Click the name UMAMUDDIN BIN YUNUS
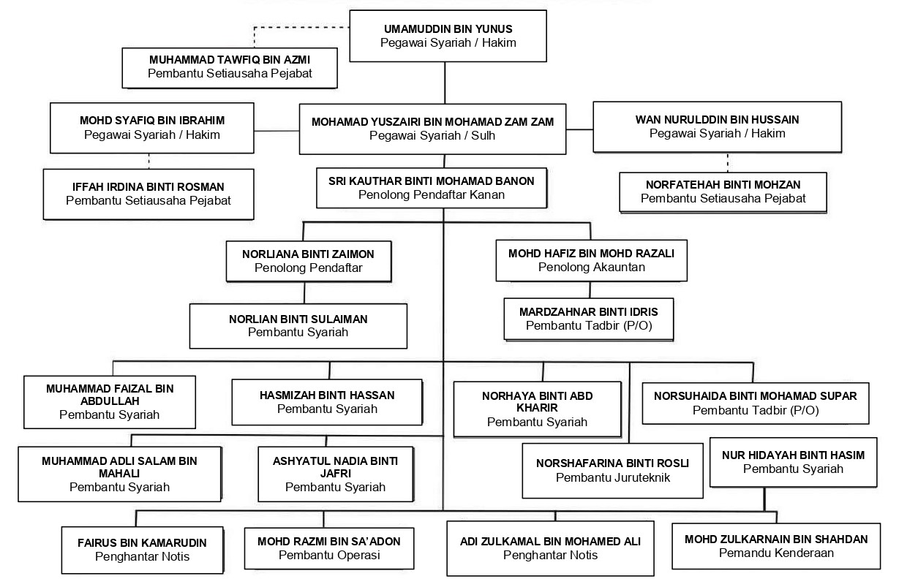[448, 29]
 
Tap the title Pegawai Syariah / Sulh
[432, 135]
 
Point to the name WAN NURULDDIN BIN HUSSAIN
[717, 120]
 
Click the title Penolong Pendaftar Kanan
[432, 195]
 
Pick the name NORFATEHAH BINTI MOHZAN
[723, 185]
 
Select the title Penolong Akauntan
[591, 267]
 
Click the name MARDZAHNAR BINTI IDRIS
[588, 312]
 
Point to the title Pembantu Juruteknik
[613, 478]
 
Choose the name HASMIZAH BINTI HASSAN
[327, 395]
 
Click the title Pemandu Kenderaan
[776, 553]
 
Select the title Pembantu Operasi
[329, 555]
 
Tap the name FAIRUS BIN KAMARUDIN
[142, 543]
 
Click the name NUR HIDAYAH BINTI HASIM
[793, 455]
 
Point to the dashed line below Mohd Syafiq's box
[148, 161]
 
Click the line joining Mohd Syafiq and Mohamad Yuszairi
[276, 131]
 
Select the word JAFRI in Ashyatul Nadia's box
[335, 474]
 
